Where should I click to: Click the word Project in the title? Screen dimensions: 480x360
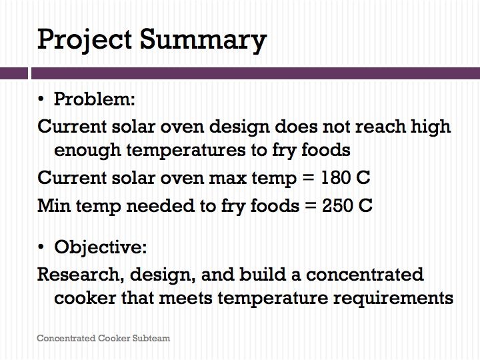85,41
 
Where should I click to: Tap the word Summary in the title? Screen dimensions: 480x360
203,41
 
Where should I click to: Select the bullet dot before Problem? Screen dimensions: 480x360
41,99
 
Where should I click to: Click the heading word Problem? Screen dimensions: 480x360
94,99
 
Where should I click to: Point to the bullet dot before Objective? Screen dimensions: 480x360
41,247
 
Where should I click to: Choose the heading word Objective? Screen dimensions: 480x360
101,247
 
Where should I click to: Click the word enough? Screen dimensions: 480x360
87,151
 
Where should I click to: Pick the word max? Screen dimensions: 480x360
227,178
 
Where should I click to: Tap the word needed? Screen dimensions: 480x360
160,205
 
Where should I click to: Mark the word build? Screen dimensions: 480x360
263,274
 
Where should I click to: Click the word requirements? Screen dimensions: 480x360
393,299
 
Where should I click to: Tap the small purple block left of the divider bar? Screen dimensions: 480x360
14,73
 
